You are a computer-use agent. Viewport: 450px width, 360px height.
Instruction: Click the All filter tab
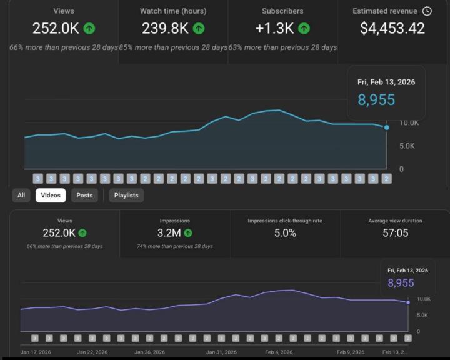pos(21,196)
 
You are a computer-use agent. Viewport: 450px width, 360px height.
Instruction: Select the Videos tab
pos(51,196)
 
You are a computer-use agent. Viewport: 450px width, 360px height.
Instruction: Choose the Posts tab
pos(84,196)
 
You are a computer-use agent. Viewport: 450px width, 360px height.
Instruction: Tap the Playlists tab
pos(126,196)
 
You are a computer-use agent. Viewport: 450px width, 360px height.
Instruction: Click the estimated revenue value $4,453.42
pos(392,28)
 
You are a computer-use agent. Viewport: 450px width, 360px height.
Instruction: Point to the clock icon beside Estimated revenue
pos(427,11)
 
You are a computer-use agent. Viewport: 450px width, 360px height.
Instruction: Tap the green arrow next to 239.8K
pos(199,28)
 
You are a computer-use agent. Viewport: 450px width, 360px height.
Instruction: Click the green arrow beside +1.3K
pos(304,28)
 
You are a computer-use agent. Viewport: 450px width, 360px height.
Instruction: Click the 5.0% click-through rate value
pos(285,232)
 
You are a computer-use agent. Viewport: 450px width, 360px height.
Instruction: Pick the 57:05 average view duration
pos(395,232)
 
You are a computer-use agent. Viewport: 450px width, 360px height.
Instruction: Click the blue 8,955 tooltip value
pos(376,99)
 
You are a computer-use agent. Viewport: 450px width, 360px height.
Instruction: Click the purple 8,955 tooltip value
pos(401,283)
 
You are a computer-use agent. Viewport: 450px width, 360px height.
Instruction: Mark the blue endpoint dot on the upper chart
pos(387,127)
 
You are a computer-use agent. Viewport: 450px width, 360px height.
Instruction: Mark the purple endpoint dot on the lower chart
pos(408,302)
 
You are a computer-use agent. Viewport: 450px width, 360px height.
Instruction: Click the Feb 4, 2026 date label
pos(279,352)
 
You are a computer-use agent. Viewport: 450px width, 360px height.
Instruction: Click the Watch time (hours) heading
pos(173,11)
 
